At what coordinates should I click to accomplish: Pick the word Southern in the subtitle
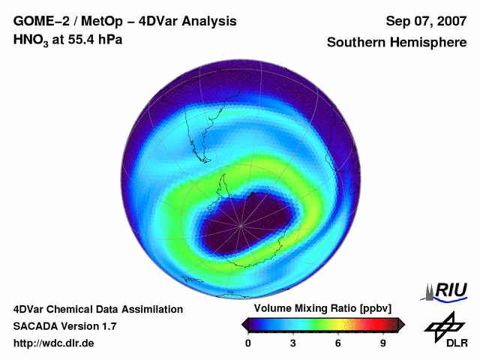pos(355,43)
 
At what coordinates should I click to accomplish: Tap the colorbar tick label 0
pos(249,343)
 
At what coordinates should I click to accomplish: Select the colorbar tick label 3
pos(293,343)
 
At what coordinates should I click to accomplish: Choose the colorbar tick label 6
pos(338,343)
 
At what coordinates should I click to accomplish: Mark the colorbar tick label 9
pos(382,343)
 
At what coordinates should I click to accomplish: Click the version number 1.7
pos(107,326)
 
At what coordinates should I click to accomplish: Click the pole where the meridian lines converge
pos(241,226)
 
